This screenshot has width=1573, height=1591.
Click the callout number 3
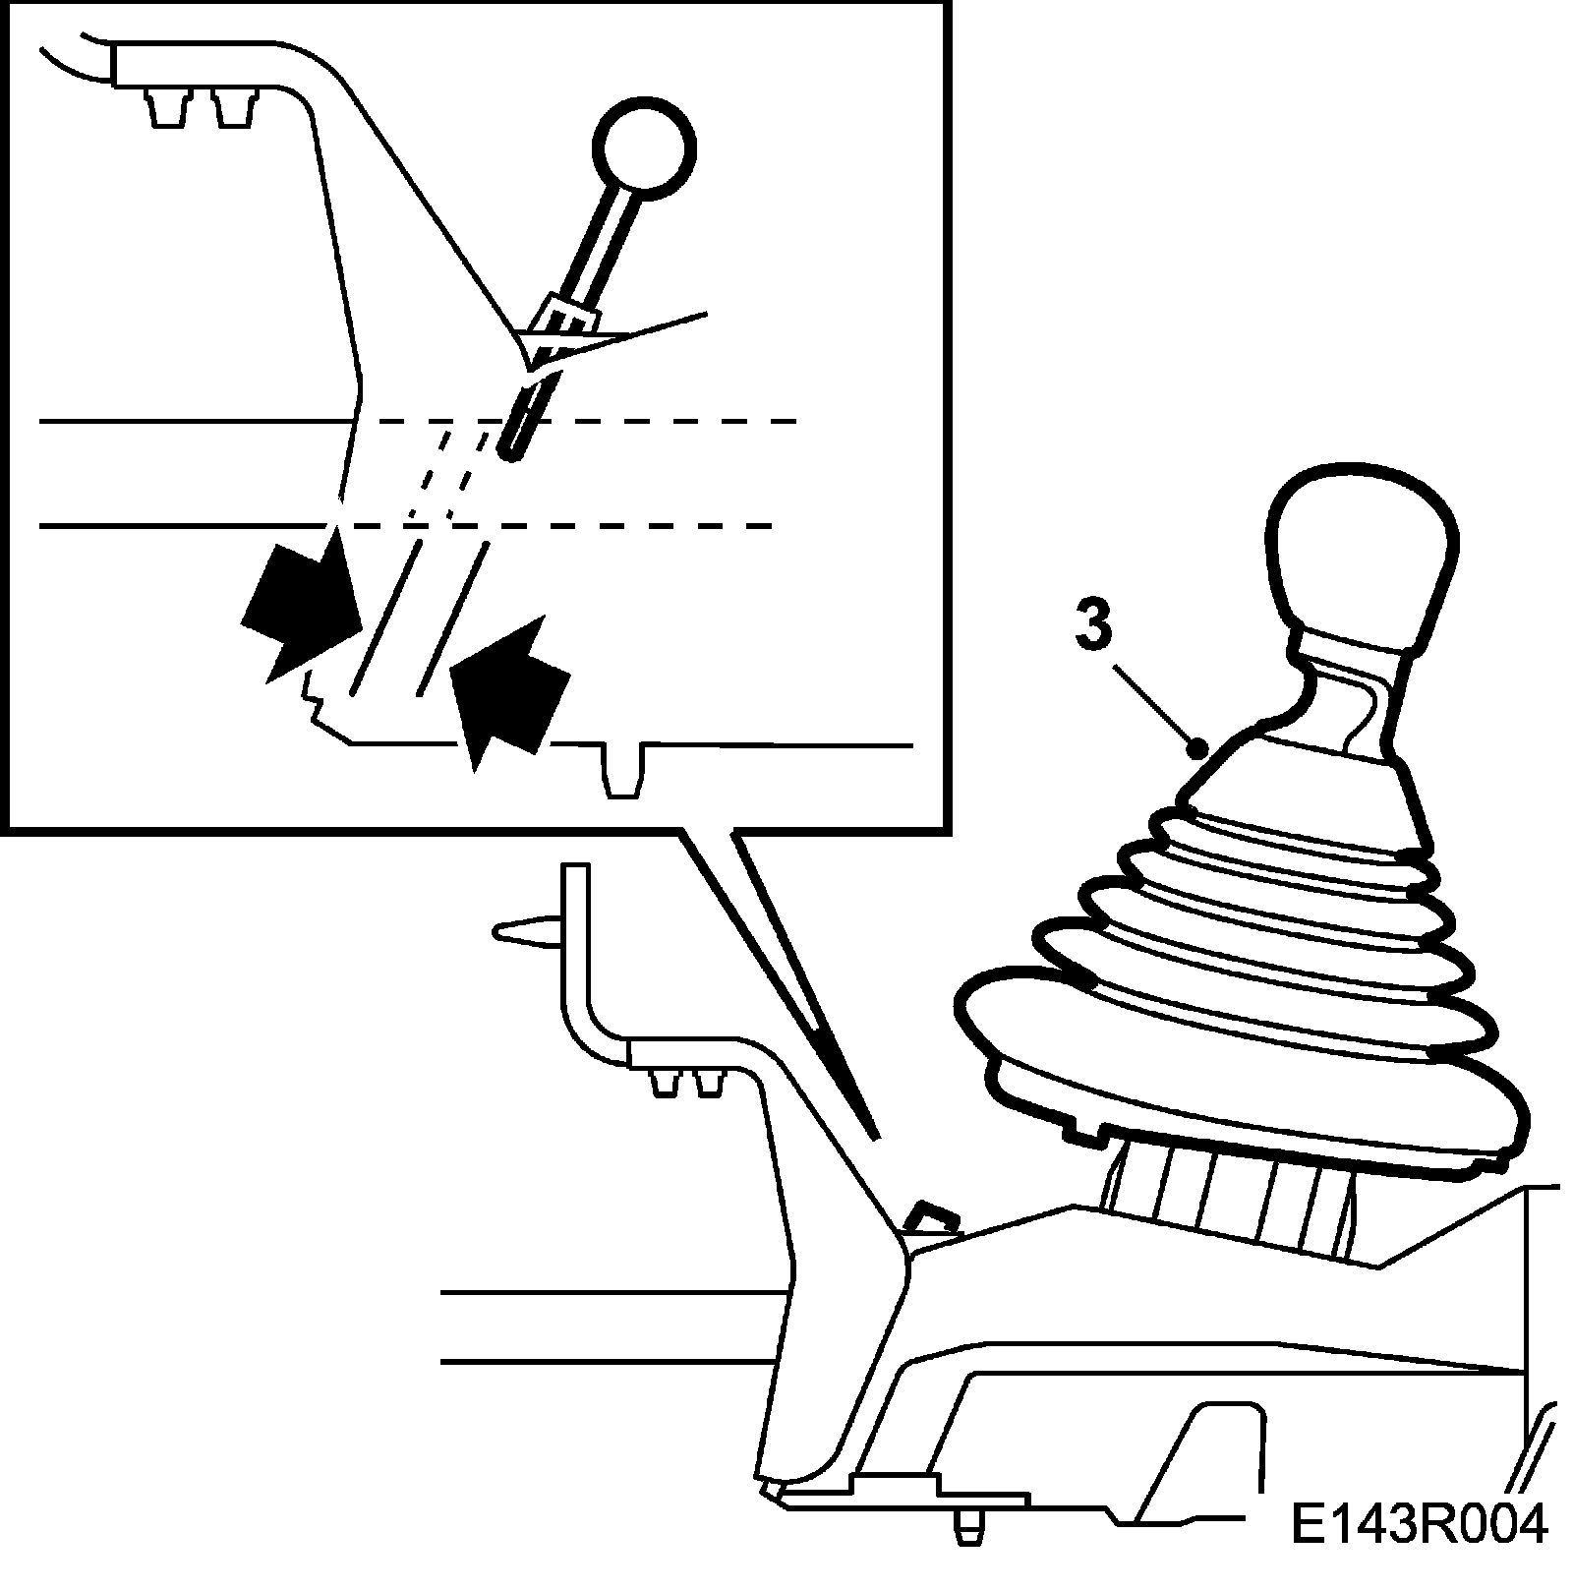tap(1093, 625)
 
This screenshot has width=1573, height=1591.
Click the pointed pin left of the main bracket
tap(526, 929)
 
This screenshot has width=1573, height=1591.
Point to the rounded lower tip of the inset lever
tap(509, 452)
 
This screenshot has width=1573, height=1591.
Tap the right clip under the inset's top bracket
tap(232, 106)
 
